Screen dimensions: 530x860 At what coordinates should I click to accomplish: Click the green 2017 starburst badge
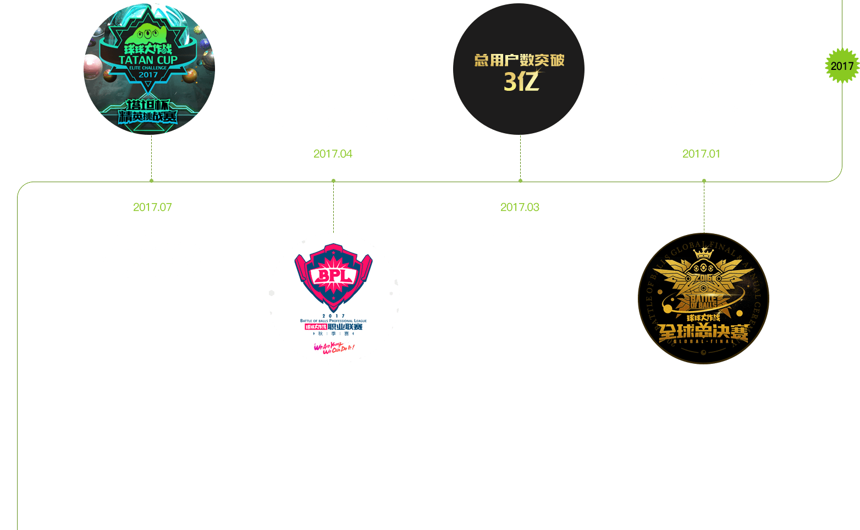842,66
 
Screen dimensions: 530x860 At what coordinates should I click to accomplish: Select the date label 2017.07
152,207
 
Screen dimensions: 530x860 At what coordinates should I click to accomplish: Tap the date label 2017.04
333,154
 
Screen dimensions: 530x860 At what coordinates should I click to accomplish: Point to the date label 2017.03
520,207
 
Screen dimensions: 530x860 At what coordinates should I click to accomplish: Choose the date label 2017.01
701,154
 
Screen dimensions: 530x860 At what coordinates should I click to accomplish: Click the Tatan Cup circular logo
149,69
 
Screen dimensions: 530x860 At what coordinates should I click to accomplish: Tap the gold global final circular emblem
703,299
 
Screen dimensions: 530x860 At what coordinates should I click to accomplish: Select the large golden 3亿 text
521,81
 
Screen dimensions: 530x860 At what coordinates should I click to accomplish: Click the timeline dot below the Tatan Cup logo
151,181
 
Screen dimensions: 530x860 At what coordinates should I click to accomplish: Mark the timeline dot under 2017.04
333,181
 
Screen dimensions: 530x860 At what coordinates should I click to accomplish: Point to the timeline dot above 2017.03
520,181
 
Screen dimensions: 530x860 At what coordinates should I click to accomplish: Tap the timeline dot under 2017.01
704,181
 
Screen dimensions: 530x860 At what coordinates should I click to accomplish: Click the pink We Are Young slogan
334,347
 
